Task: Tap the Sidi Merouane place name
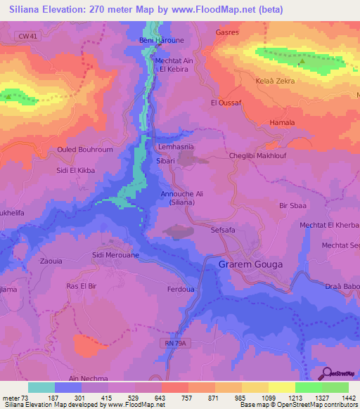click(x=115, y=256)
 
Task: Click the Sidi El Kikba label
click(x=75, y=171)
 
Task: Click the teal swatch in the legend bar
click(x=41, y=387)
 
